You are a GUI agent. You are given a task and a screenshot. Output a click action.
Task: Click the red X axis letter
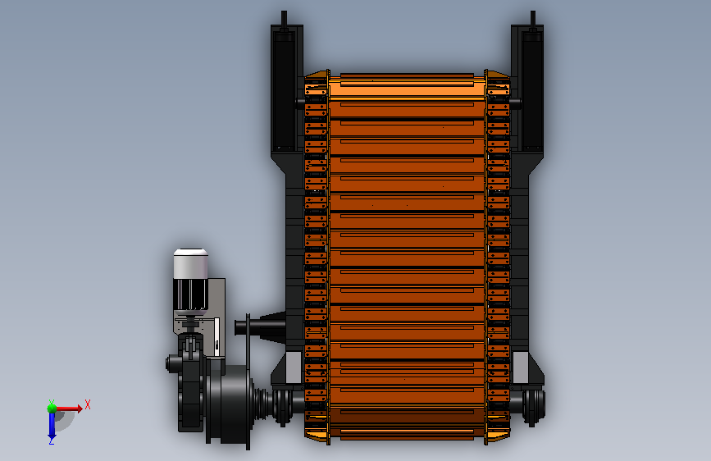point(88,404)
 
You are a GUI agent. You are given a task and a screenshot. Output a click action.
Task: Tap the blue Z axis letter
point(52,440)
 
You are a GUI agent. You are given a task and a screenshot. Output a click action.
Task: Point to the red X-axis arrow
point(69,409)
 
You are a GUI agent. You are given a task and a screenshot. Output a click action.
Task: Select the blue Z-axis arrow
point(52,425)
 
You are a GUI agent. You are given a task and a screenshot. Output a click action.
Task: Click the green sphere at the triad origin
point(52,409)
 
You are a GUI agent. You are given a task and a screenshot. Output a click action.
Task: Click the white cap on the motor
point(191,263)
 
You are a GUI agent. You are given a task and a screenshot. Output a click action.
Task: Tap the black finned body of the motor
point(190,294)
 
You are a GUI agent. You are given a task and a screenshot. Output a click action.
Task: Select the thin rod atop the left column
point(284,19)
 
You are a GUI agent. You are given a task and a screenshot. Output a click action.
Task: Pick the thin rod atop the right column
point(533,19)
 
